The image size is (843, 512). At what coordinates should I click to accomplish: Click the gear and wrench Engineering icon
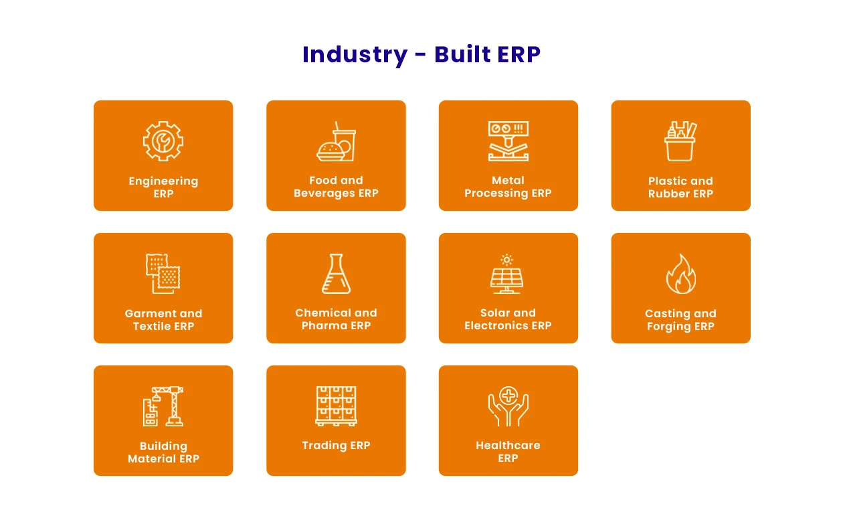coord(163,141)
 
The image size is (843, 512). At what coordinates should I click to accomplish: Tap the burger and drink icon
coord(336,141)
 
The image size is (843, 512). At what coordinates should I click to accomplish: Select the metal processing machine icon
coord(508,141)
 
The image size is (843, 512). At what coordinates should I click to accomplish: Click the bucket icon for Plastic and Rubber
coord(680,141)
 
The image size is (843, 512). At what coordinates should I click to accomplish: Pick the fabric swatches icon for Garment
coord(163,273)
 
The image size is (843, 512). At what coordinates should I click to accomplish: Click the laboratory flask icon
coord(336,273)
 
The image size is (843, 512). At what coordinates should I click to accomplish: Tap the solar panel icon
coord(508,273)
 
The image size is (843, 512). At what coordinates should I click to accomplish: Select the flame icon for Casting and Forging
coord(680,274)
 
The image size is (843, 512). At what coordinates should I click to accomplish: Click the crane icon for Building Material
coord(163,406)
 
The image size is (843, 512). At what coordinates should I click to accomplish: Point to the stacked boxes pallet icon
coord(336,405)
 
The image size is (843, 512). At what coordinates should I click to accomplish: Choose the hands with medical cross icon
coord(508,406)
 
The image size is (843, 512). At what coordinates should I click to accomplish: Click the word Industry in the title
coord(355,54)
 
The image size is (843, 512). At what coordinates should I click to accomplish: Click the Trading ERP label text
coord(336,446)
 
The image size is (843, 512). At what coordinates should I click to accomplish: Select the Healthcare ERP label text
coord(508,452)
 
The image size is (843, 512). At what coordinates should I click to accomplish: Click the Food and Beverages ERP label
coord(336,187)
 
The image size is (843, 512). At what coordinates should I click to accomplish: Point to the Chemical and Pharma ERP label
coord(336,319)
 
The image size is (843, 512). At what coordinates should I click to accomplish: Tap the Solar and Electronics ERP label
coord(508,319)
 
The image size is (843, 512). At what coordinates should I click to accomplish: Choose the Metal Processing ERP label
coord(508,187)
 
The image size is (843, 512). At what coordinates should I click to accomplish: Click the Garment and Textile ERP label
coord(163,320)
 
